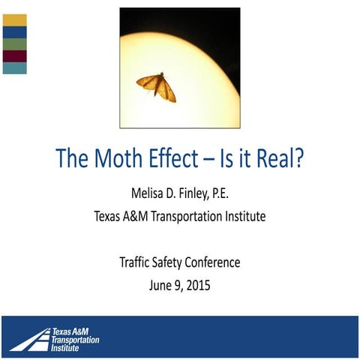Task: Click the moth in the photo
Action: point(157,87)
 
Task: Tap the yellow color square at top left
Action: point(15,20)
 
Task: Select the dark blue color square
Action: point(15,32)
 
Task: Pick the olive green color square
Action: point(15,44)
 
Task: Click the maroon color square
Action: point(15,56)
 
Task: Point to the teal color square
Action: point(15,68)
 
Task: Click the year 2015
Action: point(196,286)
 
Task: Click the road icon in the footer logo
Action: point(28,337)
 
